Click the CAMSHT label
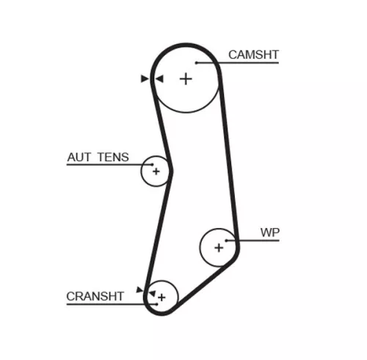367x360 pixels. coord(253,55)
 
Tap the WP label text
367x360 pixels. coord(270,232)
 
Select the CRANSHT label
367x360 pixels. coord(95,296)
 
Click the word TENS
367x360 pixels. coord(113,157)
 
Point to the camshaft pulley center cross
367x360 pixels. coord(186,79)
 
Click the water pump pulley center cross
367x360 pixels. coord(219,248)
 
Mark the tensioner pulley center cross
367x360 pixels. coord(156,172)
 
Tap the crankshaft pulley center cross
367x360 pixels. coord(161,298)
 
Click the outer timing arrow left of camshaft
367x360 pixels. coord(145,78)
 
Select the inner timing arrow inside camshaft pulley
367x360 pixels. coord(159,78)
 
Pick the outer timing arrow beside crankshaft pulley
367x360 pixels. coord(139,290)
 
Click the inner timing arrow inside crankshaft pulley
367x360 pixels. coord(153,293)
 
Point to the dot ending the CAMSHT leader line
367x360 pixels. coord(196,63)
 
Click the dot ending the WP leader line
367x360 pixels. coord(226,240)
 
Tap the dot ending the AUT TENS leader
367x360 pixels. coord(153,165)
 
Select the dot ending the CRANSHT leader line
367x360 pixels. coord(157,304)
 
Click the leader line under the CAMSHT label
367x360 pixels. coord(237,63)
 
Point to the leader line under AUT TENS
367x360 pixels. coord(109,165)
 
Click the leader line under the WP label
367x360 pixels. coord(252,240)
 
